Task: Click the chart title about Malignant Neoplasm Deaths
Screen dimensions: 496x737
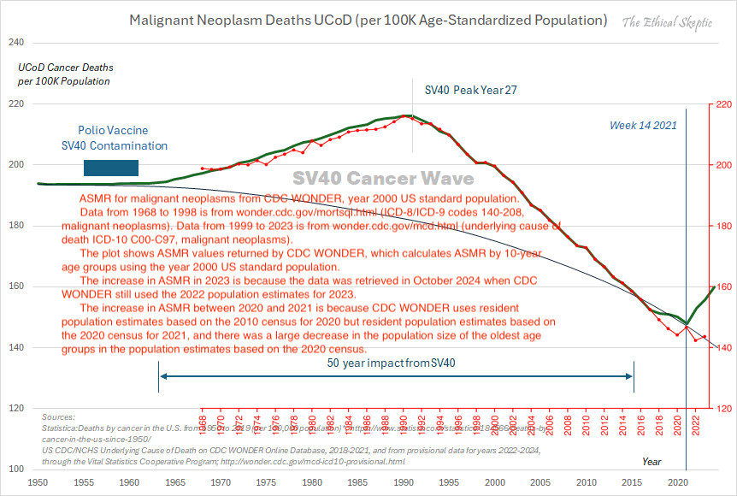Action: tap(368, 20)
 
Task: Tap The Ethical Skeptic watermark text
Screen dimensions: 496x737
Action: tap(668, 22)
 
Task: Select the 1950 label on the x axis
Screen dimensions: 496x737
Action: tap(38, 482)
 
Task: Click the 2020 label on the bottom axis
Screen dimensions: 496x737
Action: tap(677, 482)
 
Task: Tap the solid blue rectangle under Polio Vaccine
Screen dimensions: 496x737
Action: tap(110, 168)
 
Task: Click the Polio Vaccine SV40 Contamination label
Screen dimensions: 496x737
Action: tap(114, 139)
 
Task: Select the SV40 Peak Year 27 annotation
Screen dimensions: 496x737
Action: tap(471, 90)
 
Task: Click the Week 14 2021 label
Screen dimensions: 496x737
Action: tap(643, 126)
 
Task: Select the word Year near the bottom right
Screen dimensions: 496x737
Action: tap(652, 462)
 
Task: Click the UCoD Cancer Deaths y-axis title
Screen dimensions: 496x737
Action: tap(66, 74)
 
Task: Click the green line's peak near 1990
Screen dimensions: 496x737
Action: tap(408, 115)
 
